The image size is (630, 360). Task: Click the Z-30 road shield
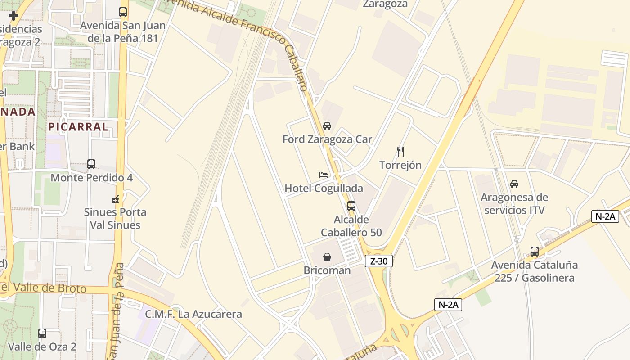[x=379, y=261]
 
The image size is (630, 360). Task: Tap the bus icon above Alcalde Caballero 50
[x=351, y=206]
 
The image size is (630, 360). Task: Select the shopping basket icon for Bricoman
[x=327, y=257]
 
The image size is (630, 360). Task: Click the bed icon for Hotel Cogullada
[x=324, y=175]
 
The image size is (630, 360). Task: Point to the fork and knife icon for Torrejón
[x=400, y=152]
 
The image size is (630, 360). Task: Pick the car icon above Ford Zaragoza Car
[x=327, y=126]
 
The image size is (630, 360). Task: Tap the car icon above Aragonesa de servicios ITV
[x=514, y=184]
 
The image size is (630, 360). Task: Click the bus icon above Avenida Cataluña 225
[x=535, y=252]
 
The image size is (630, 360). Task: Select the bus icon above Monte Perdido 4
[x=91, y=164]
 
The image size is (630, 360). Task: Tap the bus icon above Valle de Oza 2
[x=42, y=333]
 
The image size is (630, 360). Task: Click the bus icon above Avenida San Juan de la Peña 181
[x=123, y=12]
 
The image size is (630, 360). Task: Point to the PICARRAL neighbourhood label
[x=78, y=127]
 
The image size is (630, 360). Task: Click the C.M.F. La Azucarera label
[x=193, y=314]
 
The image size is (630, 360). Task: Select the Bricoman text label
[x=327, y=270]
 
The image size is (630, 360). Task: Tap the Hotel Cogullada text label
[x=324, y=188]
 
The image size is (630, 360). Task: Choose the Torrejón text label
[x=400, y=165]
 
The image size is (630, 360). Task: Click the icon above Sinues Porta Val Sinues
[x=115, y=198]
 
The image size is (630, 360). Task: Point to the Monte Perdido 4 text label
[x=91, y=178]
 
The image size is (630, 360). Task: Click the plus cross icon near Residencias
[x=13, y=16]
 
